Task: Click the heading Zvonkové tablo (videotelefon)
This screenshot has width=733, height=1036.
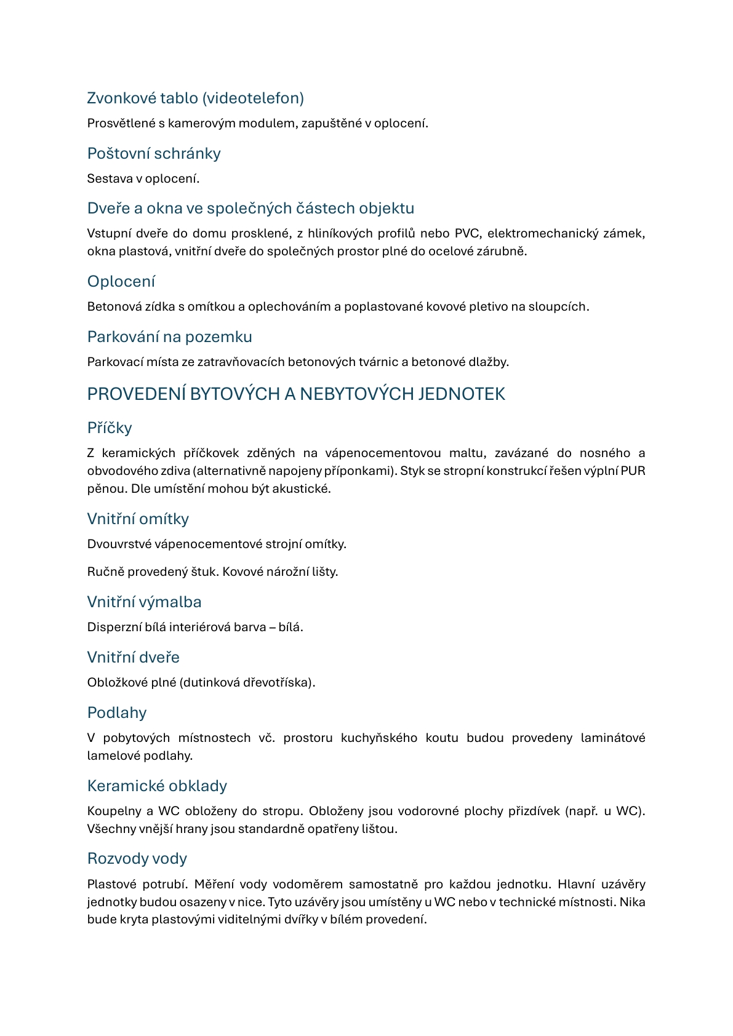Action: coord(195,98)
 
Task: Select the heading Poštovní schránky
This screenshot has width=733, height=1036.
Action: coord(154,153)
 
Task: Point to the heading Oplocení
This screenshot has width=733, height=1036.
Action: coord(121,281)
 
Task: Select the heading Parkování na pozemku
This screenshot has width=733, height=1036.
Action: coord(169,337)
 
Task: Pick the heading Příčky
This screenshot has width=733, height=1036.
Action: coord(110,428)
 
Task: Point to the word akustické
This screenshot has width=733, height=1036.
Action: coord(303,488)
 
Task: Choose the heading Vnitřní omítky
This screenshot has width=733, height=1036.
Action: coord(138,519)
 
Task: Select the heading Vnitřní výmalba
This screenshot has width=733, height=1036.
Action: coord(144,602)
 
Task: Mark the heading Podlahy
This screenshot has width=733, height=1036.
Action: coord(117,712)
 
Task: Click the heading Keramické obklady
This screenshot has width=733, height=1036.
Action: coord(157,786)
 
